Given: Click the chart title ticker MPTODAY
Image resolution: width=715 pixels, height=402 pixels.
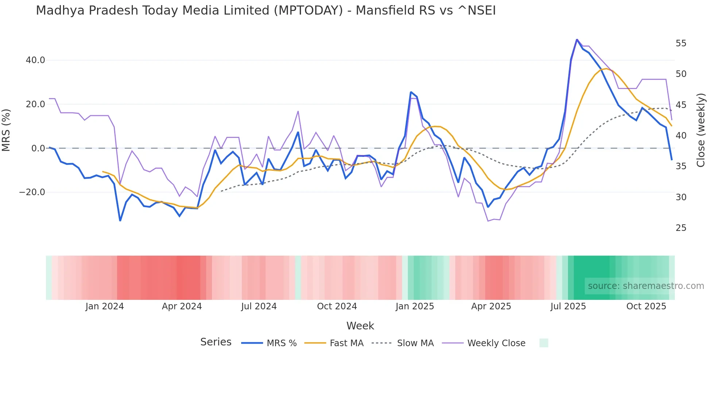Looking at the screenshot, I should pyautogui.click(x=309, y=11).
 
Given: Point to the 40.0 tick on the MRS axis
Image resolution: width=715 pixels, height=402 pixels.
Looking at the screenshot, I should pyautogui.click(x=35, y=60).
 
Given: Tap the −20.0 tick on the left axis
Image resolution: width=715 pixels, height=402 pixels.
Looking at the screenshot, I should pyautogui.click(x=32, y=192).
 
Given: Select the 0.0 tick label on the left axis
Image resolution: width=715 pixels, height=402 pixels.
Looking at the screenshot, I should pyautogui.click(x=38, y=148).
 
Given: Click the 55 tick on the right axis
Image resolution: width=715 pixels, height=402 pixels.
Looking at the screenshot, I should pyautogui.click(x=681, y=43).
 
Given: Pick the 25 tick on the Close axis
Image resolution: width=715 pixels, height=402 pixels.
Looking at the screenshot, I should pyautogui.click(x=681, y=228).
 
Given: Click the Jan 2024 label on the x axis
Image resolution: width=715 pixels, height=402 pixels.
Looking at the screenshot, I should pyautogui.click(x=105, y=306).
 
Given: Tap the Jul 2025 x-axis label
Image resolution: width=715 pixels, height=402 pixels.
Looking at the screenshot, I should pyautogui.click(x=568, y=306).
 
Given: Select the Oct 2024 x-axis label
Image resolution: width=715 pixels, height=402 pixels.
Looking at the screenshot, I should pyautogui.click(x=337, y=306).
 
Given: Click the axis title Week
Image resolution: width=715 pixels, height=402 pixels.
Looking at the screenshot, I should pyautogui.click(x=360, y=326).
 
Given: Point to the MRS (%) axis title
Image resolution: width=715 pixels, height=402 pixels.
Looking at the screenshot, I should pyautogui.click(x=6, y=130).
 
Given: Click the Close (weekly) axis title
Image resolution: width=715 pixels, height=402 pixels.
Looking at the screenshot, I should pyautogui.click(x=701, y=130).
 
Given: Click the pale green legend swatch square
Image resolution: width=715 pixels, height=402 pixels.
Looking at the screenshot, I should pyautogui.click(x=544, y=343).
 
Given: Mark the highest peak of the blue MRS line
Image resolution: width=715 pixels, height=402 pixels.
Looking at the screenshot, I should pyautogui.click(x=577, y=39).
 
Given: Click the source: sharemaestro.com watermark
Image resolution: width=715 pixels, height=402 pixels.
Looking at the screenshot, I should pyautogui.click(x=646, y=286).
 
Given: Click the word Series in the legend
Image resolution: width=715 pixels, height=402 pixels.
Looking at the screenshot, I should pyautogui.click(x=216, y=342).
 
